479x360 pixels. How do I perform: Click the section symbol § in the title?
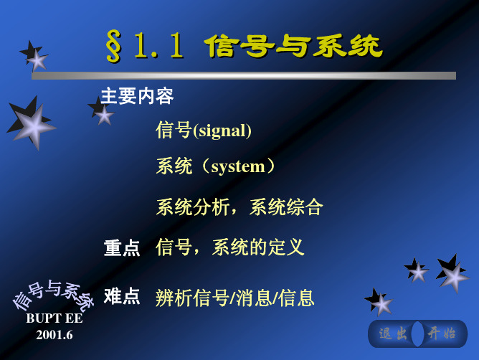point(113,47)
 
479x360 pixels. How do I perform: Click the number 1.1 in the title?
point(159,46)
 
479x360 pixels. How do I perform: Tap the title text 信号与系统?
point(293,46)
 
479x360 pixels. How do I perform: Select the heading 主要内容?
point(137,96)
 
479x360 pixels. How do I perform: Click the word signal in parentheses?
point(222,131)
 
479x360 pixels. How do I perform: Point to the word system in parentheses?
point(238,167)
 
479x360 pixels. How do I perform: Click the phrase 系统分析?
point(193,207)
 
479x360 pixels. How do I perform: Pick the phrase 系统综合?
point(286,207)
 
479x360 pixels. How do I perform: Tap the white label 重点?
point(122,248)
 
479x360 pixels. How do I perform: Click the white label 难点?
point(122,296)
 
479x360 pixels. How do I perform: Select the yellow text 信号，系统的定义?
point(230,247)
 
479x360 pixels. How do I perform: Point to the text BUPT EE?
point(54,318)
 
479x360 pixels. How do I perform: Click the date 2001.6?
point(54,335)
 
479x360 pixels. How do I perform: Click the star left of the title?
point(34,57)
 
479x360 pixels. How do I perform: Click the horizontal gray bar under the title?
point(244,75)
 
